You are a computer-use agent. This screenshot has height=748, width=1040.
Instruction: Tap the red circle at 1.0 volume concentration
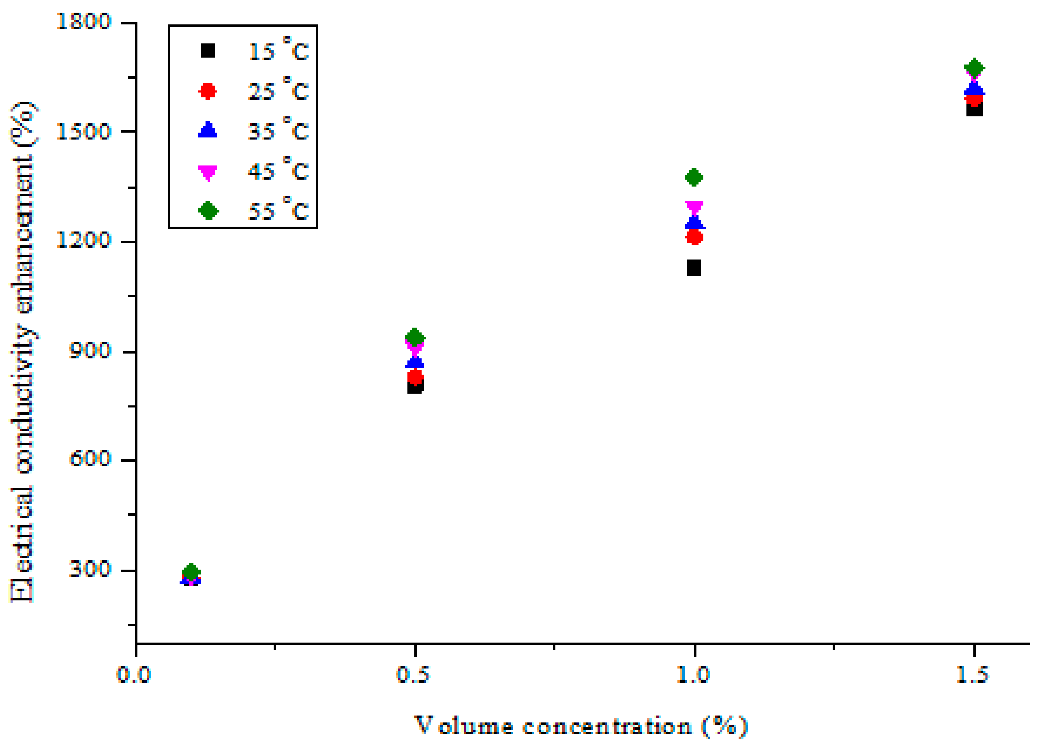[694, 237]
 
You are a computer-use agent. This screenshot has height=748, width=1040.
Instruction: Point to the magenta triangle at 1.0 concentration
[694, 207]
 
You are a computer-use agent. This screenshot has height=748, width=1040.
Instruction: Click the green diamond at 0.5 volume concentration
[415, 338]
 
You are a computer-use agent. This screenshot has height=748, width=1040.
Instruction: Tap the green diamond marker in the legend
[208, 210]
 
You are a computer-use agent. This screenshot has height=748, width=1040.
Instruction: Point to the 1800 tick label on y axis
[83, 21]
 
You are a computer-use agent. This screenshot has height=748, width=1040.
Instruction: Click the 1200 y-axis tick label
[83, 240]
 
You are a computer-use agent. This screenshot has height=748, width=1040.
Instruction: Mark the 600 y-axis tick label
[90, 458]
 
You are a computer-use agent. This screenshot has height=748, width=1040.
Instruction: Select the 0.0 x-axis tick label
[134, 675]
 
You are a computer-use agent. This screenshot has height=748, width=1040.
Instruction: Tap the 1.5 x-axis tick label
[972, 675]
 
